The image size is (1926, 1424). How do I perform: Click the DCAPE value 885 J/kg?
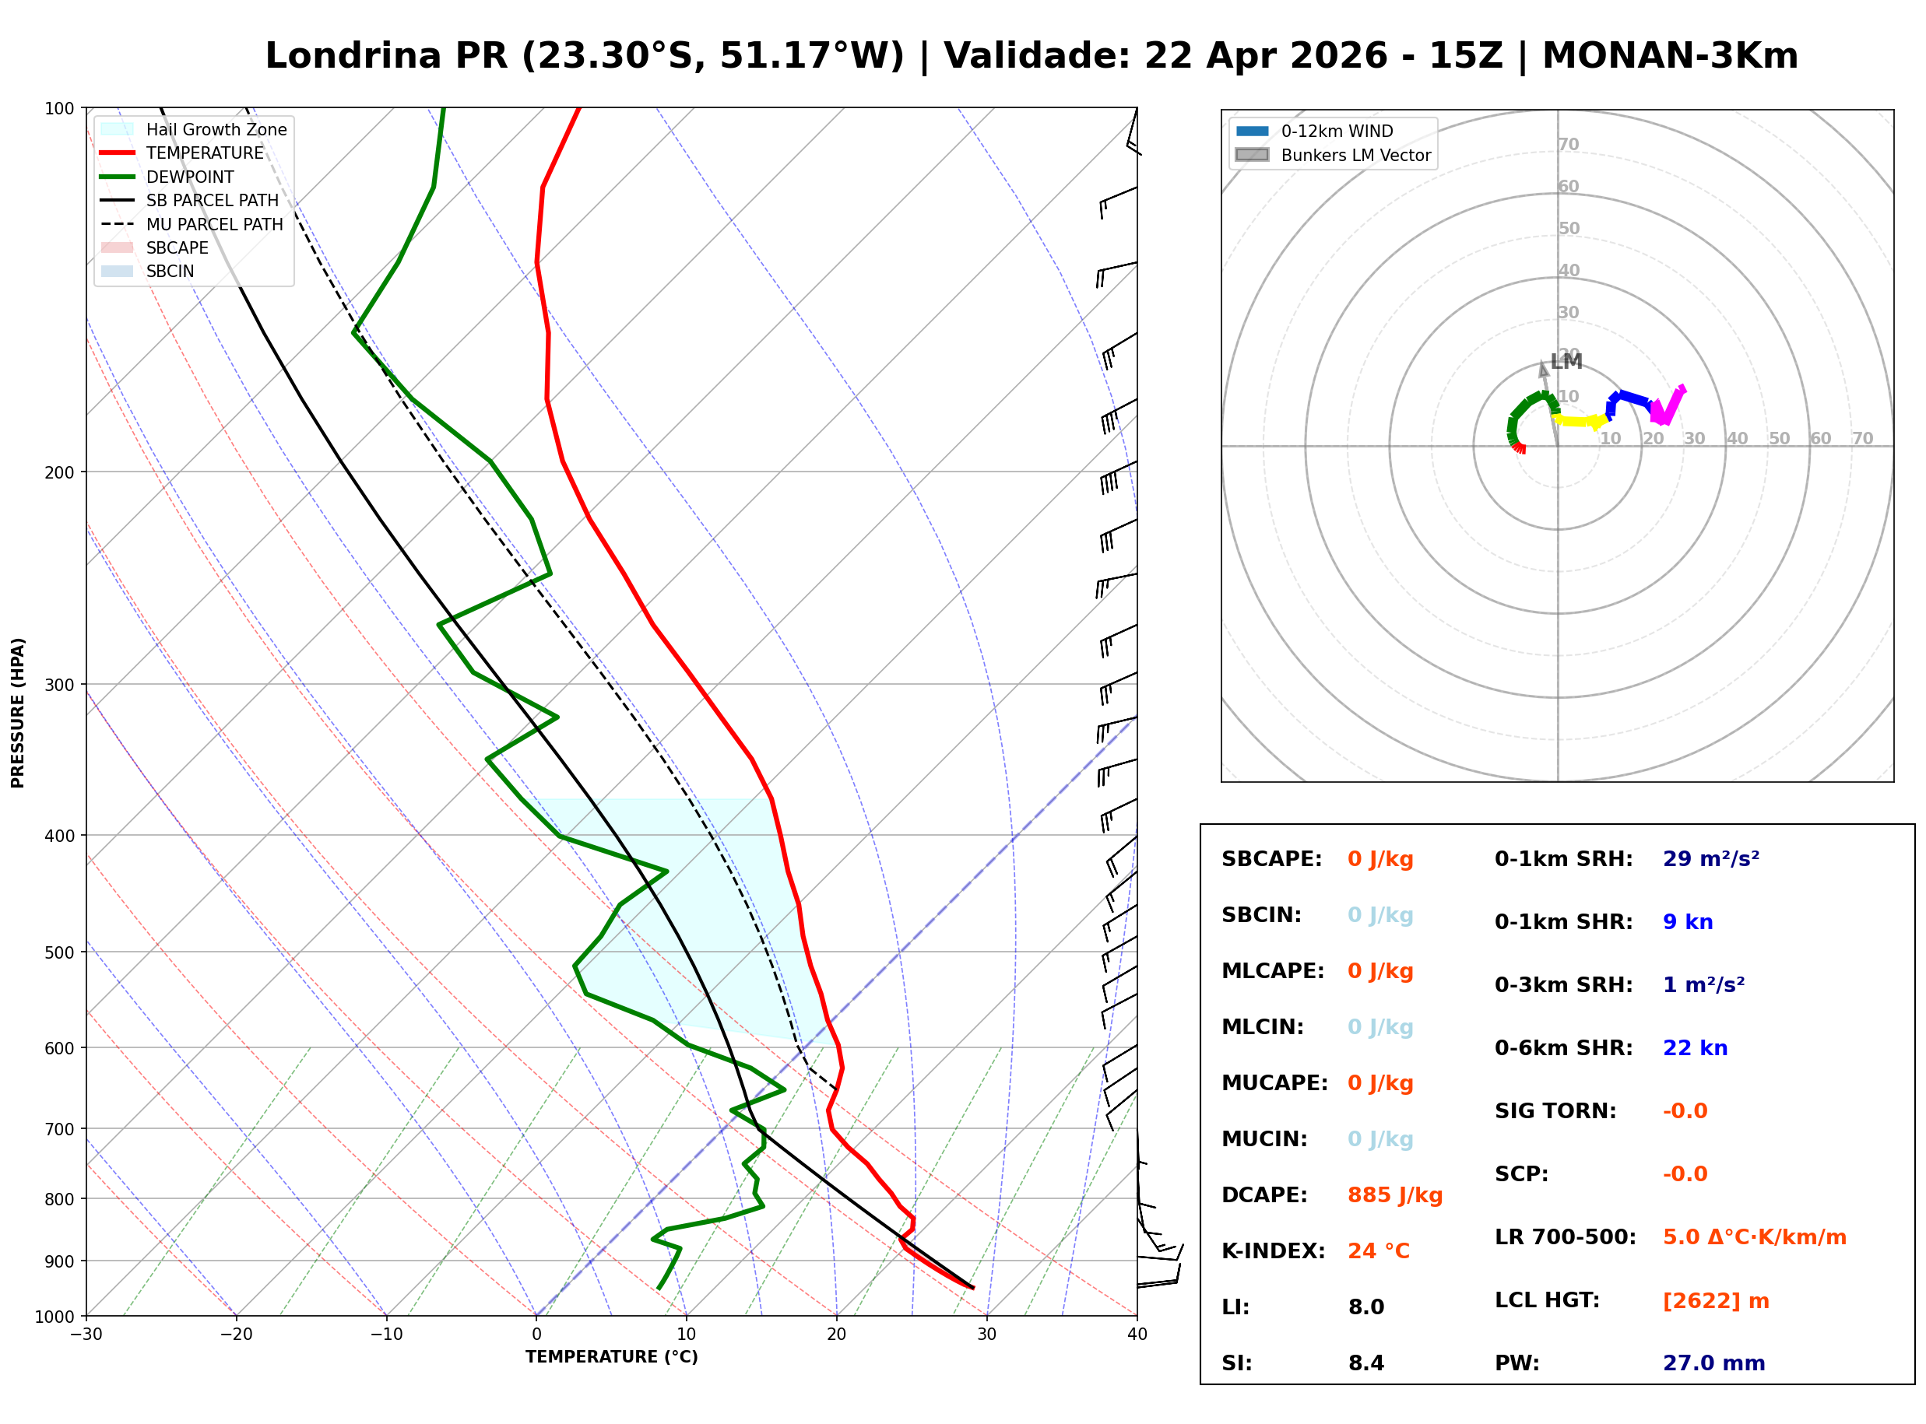pos(1394,1194)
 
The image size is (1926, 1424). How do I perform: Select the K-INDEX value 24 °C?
pos(1378,1250)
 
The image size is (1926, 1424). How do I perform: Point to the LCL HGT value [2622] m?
pos(1715,1301)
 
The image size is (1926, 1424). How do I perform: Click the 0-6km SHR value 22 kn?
pos(1694,1048)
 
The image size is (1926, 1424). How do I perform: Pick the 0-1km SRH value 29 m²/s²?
pos(1710,859)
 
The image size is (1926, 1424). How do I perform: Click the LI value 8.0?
pos(1365,1307)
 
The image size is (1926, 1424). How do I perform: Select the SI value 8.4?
pos(1365,1363)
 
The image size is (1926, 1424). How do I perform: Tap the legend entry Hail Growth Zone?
pos(216,129)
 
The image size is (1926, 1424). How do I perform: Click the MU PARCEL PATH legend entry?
pos(214,224)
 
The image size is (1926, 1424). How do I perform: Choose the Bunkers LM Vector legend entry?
pos(1355,155)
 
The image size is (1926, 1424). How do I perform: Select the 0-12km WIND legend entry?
pos(1337,131)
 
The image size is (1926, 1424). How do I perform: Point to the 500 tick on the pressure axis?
pos(58,952)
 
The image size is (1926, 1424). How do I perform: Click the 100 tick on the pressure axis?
pos(58,109)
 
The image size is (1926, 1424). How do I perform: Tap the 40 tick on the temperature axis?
pos(1137,1335)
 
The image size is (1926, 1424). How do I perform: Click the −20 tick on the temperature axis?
pos(235,1335)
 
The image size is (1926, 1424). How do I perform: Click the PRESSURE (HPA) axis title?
pos(18,712)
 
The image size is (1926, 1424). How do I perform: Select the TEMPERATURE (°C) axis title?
pos(611,1357)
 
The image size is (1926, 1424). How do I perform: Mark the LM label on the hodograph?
pos(1566,362)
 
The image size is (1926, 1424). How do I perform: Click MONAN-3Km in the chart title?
pos(1669,56)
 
